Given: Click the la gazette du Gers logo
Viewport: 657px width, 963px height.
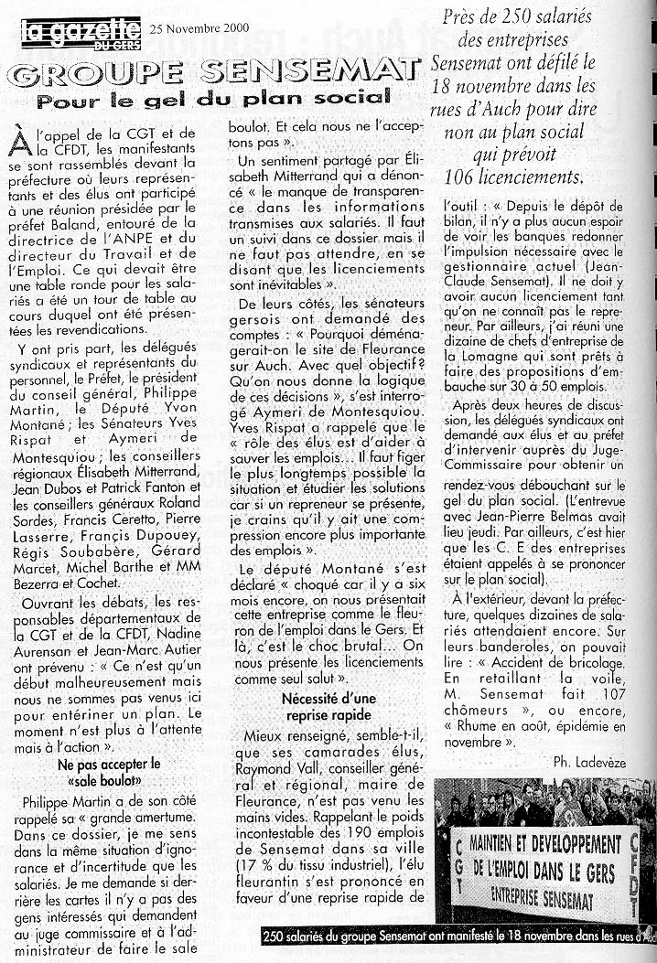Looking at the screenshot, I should point(80,33).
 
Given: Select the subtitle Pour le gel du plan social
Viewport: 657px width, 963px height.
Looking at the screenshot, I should point(214,95).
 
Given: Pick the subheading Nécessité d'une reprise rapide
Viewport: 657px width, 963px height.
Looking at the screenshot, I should point(326,706).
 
